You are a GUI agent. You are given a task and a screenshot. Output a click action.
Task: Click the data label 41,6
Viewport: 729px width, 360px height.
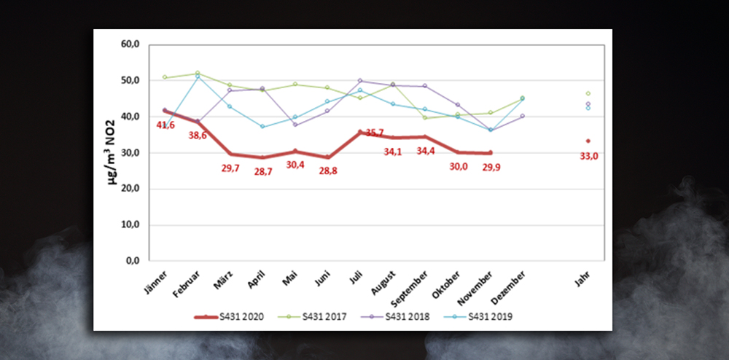pos(166,125)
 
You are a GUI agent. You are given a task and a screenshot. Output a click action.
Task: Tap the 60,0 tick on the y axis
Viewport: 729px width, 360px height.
pos(130,44)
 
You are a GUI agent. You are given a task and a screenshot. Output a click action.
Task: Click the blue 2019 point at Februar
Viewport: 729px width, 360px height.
pos(198,77)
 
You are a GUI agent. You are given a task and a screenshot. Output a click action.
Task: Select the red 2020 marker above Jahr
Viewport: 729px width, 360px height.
pos(588,141)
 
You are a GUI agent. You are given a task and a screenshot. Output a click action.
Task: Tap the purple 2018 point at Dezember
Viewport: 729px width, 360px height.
pos(523,116)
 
